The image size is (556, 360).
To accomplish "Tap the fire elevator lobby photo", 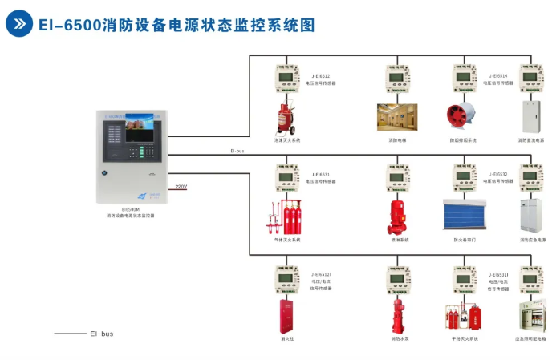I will point(398,117).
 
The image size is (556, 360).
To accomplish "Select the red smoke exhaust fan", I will point(463,117).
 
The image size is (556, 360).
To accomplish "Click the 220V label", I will point(181,187).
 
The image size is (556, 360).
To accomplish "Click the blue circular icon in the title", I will point(19,24).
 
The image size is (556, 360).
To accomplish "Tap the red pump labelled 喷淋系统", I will point(399,216).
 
